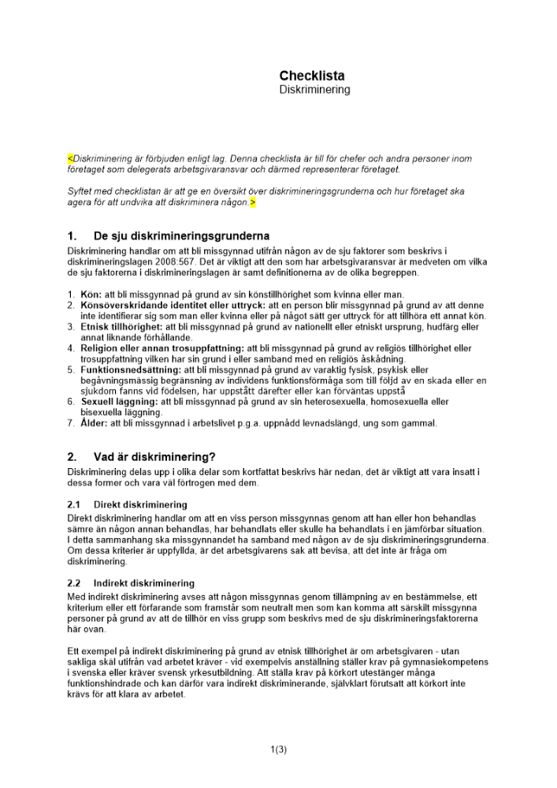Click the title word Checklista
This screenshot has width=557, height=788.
(311, 76)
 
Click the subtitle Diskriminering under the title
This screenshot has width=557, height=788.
(314, 91)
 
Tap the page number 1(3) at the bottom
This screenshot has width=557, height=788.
(278, 749)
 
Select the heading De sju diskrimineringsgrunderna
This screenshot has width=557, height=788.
(181, 236)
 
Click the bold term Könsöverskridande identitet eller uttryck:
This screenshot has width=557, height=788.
(173, 305)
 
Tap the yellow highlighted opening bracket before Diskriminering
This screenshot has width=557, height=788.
(69, 158)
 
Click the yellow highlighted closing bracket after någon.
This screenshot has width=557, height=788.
(253, 203)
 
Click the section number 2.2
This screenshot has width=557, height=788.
(74, 583)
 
